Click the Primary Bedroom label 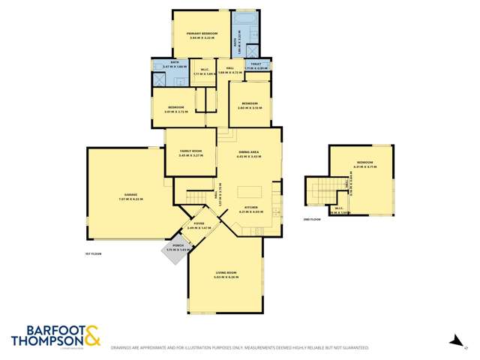pos(202,34)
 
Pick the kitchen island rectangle pos(251,190)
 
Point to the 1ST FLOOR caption pos(93,254)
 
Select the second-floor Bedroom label pos(364,162)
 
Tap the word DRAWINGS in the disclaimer pos(124,348)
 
